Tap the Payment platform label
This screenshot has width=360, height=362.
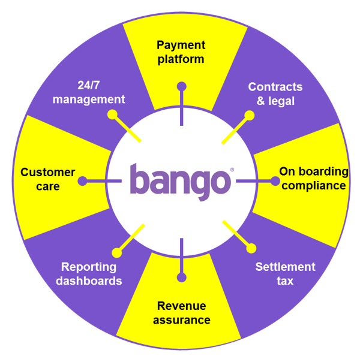181,52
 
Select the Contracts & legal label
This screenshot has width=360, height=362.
275,93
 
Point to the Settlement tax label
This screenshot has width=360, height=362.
285,273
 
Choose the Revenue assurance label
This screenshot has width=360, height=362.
181,313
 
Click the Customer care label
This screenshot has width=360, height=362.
48,179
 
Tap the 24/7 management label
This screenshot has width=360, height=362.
89,92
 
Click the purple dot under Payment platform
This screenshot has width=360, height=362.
181,86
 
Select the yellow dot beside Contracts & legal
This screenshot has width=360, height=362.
249,113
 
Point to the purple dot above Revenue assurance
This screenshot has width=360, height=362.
181,277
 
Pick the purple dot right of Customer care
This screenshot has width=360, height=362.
83,180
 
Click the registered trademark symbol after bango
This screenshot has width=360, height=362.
232,170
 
